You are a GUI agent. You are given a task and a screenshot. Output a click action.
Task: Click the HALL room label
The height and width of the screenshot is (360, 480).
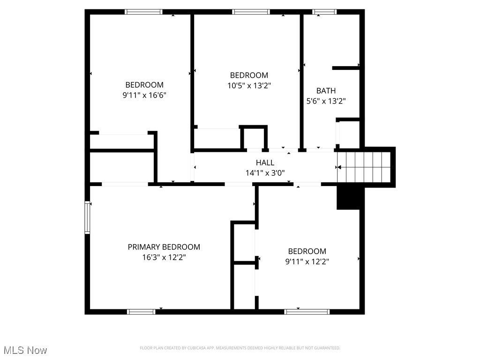coord(265,163)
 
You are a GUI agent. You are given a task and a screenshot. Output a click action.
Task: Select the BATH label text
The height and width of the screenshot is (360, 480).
coord(326,90)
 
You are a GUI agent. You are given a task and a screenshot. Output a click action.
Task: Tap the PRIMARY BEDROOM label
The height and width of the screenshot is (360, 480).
coord(164,247)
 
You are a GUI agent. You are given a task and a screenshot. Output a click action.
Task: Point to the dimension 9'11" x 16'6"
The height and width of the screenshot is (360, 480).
coord(144,95)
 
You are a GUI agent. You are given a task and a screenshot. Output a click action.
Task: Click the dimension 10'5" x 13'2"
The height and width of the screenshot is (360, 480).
coord(249,85)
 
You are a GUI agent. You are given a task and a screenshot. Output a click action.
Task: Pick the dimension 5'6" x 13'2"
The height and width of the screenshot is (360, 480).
coord(326,101)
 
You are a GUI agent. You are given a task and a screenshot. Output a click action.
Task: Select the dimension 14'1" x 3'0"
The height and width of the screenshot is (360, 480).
coord(265,172)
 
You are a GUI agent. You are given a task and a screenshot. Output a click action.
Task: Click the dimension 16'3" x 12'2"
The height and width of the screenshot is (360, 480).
coord(164,257)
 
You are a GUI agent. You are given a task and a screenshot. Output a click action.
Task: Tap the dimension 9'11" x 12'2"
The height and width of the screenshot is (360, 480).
coord(307,262)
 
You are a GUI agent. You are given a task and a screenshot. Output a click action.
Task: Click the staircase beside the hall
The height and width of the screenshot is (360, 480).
coord(365,166)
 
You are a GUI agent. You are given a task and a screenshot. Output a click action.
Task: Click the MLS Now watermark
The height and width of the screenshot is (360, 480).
coord(25,350)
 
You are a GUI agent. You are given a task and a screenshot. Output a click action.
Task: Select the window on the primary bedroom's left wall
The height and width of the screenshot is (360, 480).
coord(87,217)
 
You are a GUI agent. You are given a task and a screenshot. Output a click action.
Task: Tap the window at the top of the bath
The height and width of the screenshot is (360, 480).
coord(325,12)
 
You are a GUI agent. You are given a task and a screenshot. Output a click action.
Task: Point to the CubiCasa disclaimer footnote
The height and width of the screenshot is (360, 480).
coord(240,348)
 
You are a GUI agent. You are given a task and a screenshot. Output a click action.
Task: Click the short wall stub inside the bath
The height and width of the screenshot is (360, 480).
coord(346,68)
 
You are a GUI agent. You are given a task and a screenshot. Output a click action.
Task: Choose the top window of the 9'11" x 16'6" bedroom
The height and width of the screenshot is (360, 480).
coord(143,12)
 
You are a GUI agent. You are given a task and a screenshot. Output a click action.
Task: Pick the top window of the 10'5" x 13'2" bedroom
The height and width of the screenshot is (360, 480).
coord(251,12)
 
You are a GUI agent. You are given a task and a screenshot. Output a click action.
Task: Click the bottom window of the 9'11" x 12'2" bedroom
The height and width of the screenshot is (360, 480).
coord(307,311)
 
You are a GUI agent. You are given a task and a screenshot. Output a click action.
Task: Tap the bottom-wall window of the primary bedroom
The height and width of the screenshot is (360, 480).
coord(142,311)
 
